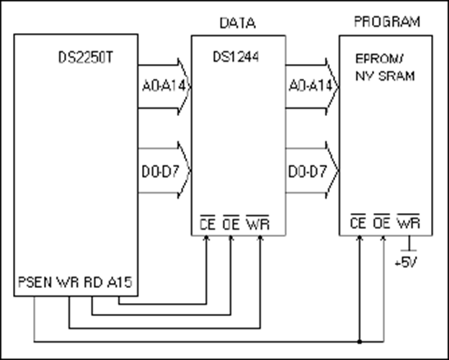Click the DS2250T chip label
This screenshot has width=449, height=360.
[x=86, y=57]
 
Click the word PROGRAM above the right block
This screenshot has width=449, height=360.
[x=386, y=22]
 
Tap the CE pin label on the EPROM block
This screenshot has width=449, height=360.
[x=358, y=222]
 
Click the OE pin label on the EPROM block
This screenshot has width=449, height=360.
[x=381, y=222]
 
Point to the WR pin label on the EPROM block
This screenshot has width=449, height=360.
[x=407, y=222]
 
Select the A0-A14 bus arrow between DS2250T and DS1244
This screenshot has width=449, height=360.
[x=163, y=86]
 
